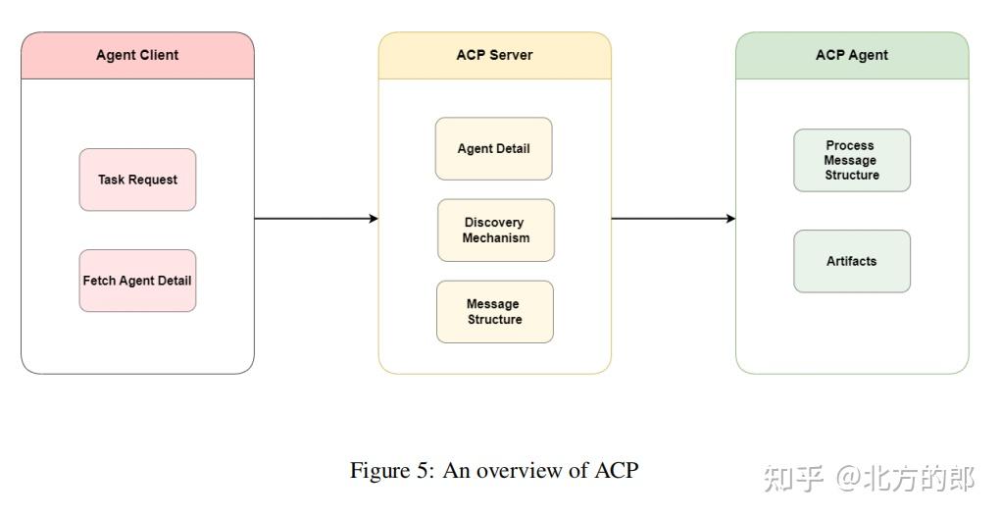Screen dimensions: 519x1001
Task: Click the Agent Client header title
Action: (x=137, y=56)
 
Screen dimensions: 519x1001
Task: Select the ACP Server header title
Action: (x=494, y=55)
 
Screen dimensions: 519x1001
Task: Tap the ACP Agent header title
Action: (x=851, y=55)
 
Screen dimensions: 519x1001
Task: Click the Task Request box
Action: (x=137, y=180)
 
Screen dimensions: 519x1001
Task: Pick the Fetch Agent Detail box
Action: (x=137, y=281)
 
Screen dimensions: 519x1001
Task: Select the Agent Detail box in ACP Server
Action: (x=493, y=149)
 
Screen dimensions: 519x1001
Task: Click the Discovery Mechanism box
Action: (x=495, y=231)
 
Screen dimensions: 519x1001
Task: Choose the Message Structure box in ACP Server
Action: (x=494, y=312)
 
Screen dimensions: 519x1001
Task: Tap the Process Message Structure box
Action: (x=851, y=160)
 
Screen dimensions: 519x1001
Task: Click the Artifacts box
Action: (x=851, y=261)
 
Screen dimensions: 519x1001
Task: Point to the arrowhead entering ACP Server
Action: (x=374, y=219)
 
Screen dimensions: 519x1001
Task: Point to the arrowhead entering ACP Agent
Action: (x=730, y=219)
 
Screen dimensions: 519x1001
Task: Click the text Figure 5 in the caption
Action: (x=392, y=471)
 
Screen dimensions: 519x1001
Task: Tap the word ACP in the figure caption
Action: (x=617, y=471)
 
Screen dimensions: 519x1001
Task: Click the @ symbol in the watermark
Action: (x=848, y=479)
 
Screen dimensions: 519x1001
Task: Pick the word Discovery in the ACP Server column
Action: (x=494, y=223)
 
